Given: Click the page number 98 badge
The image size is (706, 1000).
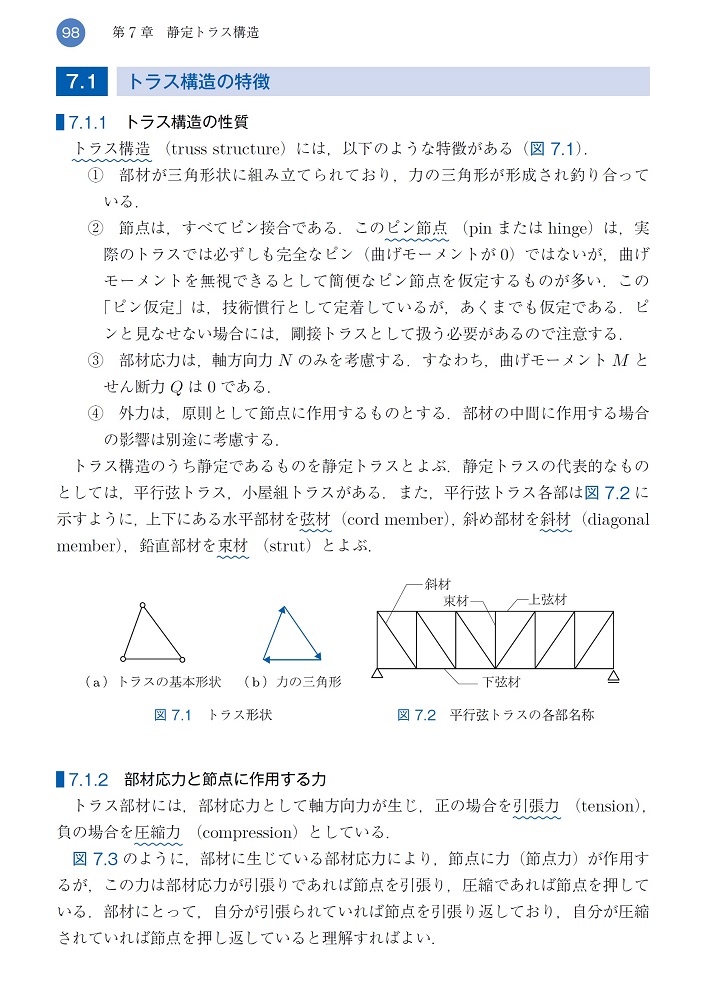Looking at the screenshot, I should click(70, 32).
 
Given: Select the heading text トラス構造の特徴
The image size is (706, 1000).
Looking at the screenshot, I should click(200, 81).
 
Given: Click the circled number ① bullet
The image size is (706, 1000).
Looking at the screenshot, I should click(96, 175).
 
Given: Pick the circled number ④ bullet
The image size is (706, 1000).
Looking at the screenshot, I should click(96, 413).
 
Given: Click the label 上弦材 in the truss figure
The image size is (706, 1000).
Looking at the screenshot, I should click(548, 601).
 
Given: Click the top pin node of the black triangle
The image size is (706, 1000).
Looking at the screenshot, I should click(143, 605).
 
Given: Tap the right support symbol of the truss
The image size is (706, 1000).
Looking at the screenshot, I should click(612, 675).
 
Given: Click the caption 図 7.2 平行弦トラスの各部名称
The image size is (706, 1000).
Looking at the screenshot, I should click(495, 715).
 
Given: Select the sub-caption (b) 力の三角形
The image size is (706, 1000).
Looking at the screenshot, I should click(292, 682).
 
